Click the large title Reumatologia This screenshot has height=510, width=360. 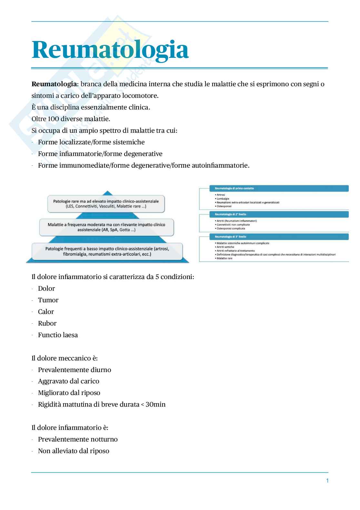coord(110,50)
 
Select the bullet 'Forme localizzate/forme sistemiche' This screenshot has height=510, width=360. coord(91,142)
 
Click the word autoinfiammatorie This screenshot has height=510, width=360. coord(220,165)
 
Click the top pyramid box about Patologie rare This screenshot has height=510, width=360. coord(106,203)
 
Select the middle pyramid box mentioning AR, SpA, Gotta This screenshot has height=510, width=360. coord(106,227)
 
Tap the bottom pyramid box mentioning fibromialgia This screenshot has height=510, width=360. coord(107,251)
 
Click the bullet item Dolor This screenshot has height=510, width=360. coord(46,288)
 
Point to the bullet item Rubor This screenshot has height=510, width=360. coord(47,323)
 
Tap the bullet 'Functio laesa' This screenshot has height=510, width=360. coord(58,335)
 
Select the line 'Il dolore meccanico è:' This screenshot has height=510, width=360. coord(65,358)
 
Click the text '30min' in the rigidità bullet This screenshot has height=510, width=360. coord(155,404)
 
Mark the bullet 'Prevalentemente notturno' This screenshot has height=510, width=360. coord(78,439)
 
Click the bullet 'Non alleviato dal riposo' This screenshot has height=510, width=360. coord(74,451)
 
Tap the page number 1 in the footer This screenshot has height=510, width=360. coord(327,481)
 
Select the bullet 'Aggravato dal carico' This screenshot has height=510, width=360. coord(68,381)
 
